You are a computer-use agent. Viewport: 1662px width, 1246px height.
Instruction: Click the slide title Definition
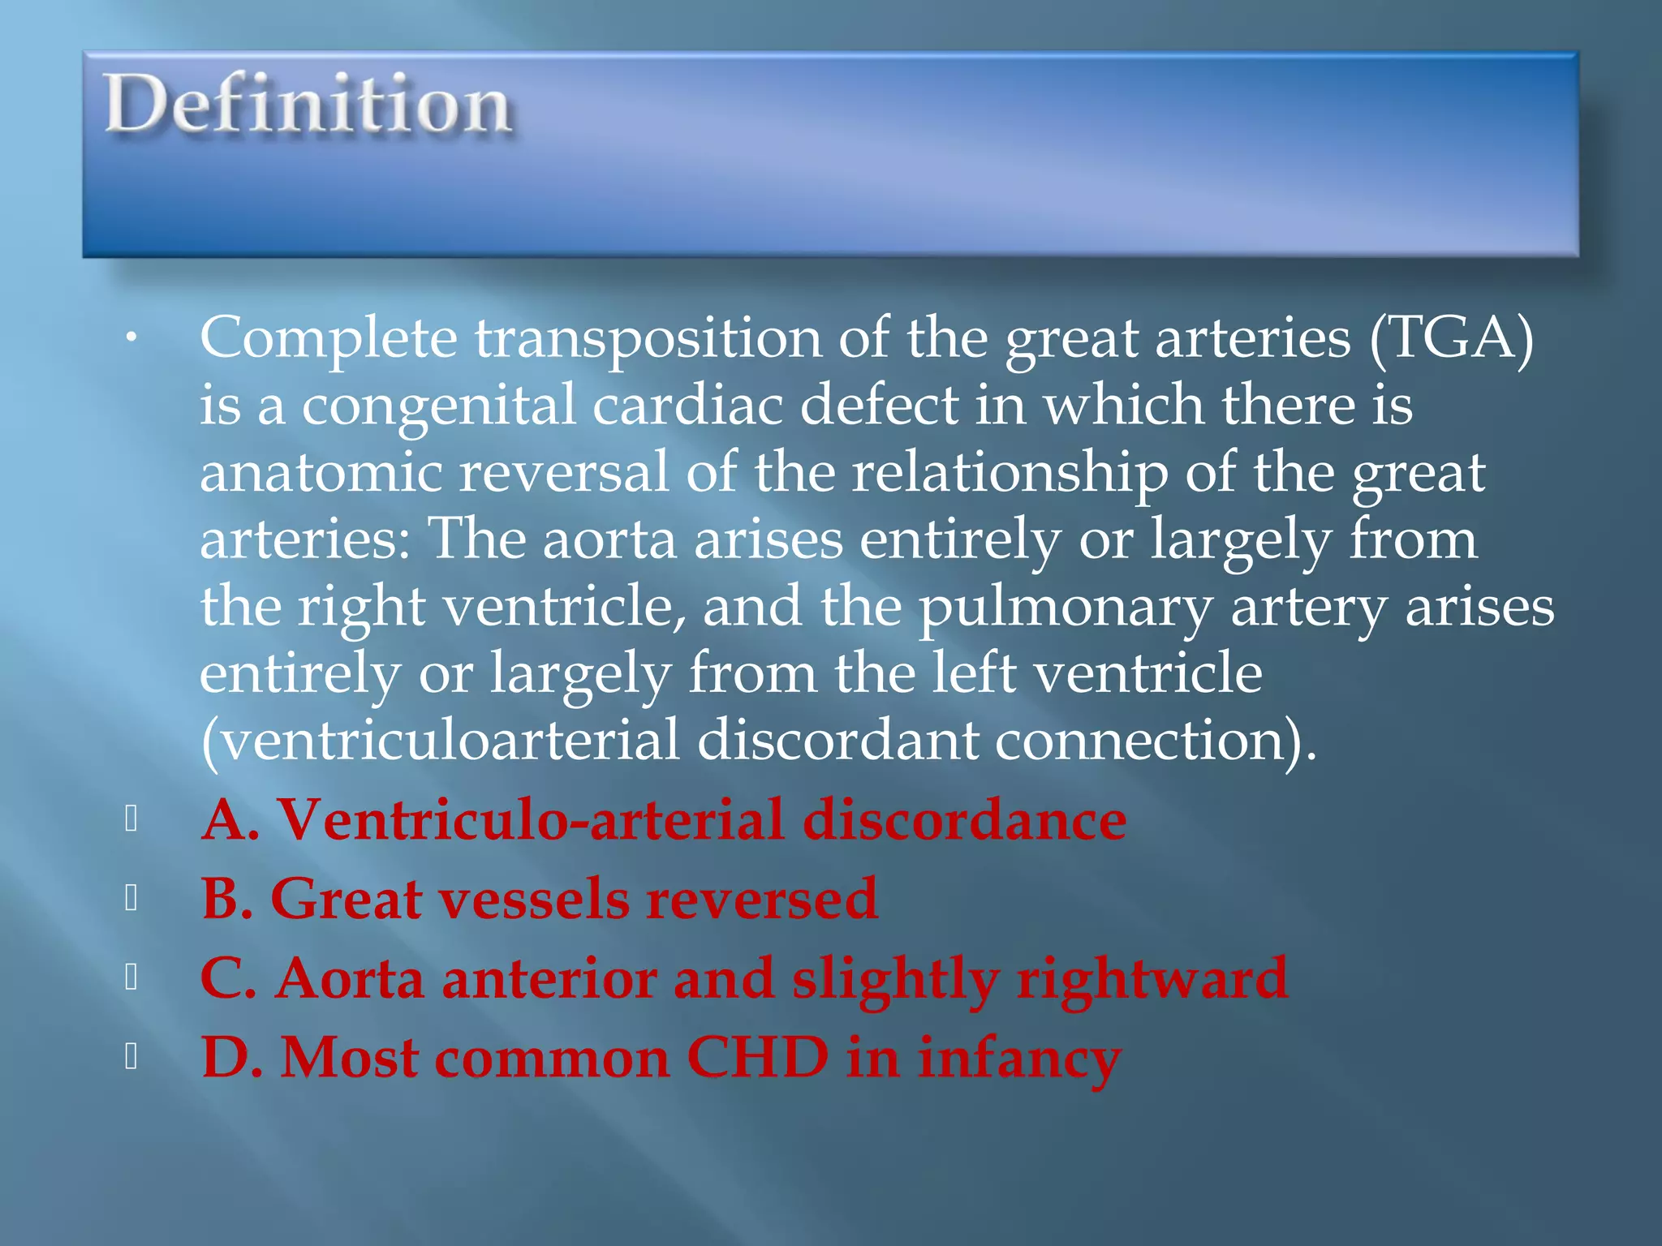308,105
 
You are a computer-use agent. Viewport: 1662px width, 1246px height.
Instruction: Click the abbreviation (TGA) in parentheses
1451,337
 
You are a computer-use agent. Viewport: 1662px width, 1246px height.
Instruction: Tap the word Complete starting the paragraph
328,339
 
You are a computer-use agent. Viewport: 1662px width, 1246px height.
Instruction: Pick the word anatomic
321,473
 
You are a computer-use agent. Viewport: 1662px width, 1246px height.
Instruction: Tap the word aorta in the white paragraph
609,540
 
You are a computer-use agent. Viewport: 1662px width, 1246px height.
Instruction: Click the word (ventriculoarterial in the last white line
439,741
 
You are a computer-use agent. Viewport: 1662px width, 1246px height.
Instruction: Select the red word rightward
1152,978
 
